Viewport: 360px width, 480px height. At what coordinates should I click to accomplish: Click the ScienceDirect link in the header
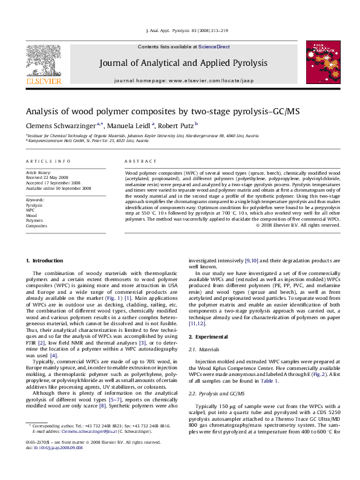(214, 47)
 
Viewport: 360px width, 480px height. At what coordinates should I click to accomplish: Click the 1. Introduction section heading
(44, 261)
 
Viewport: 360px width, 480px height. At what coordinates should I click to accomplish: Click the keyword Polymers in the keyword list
(34, 220)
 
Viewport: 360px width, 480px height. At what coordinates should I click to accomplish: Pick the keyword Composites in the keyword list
(36, 225)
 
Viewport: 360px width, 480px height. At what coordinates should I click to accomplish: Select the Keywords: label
(35, 199)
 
